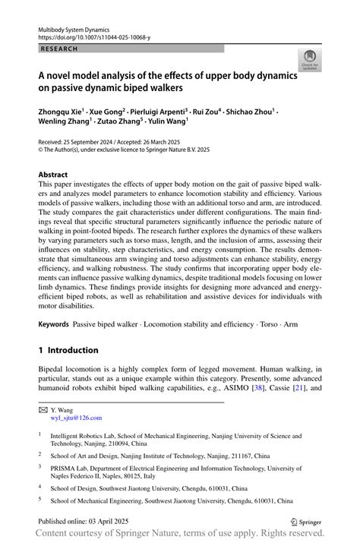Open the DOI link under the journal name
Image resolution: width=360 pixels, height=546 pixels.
(x=86, y=36)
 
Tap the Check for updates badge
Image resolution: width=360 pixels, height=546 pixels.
(x=310, y=61)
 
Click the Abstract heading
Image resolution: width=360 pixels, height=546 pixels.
(x=52, y=175)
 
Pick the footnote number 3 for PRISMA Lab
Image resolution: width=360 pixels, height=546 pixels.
(x=40, y=469)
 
